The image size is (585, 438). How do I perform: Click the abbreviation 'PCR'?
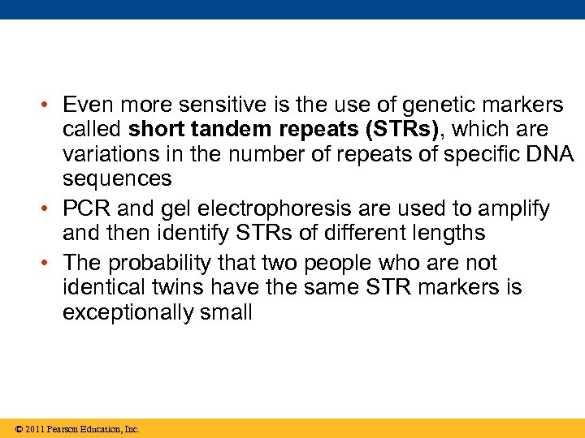[85, 209]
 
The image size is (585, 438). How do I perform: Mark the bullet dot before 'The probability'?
[50, 264]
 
